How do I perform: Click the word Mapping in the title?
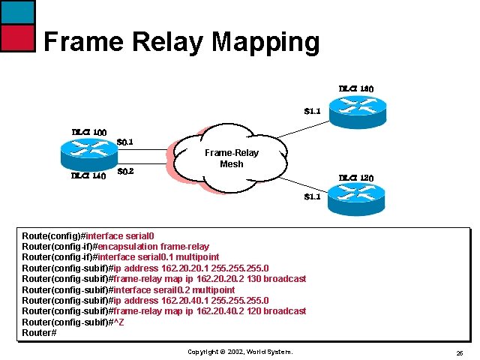pyautogui.click(x=266, y=42)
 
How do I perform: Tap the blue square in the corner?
pyautogui.click(x=17, y=11)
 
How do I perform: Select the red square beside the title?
pyautogui.click(x=17, y=37)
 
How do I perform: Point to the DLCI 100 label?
pyautogui.click(x=88, y=133)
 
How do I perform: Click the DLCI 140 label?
pyautogui.click(x=88, y=176)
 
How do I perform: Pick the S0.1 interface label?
pyautogui.click(x=126, y=141)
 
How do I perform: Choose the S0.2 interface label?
pyautogui.click(x=126, y=171)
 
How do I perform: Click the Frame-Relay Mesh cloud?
pyautogui.click(x=231, y=158)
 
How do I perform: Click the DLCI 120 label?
pyautogui.click(x=355, y=178)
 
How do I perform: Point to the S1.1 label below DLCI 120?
pyautogui.click(x=312, y=197)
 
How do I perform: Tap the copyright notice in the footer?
pyautogui.click(x=239, y=352)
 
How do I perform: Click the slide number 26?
pyautogui.click(x=459, y=352)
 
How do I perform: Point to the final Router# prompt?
pyautogui.click(x=39, y=332)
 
